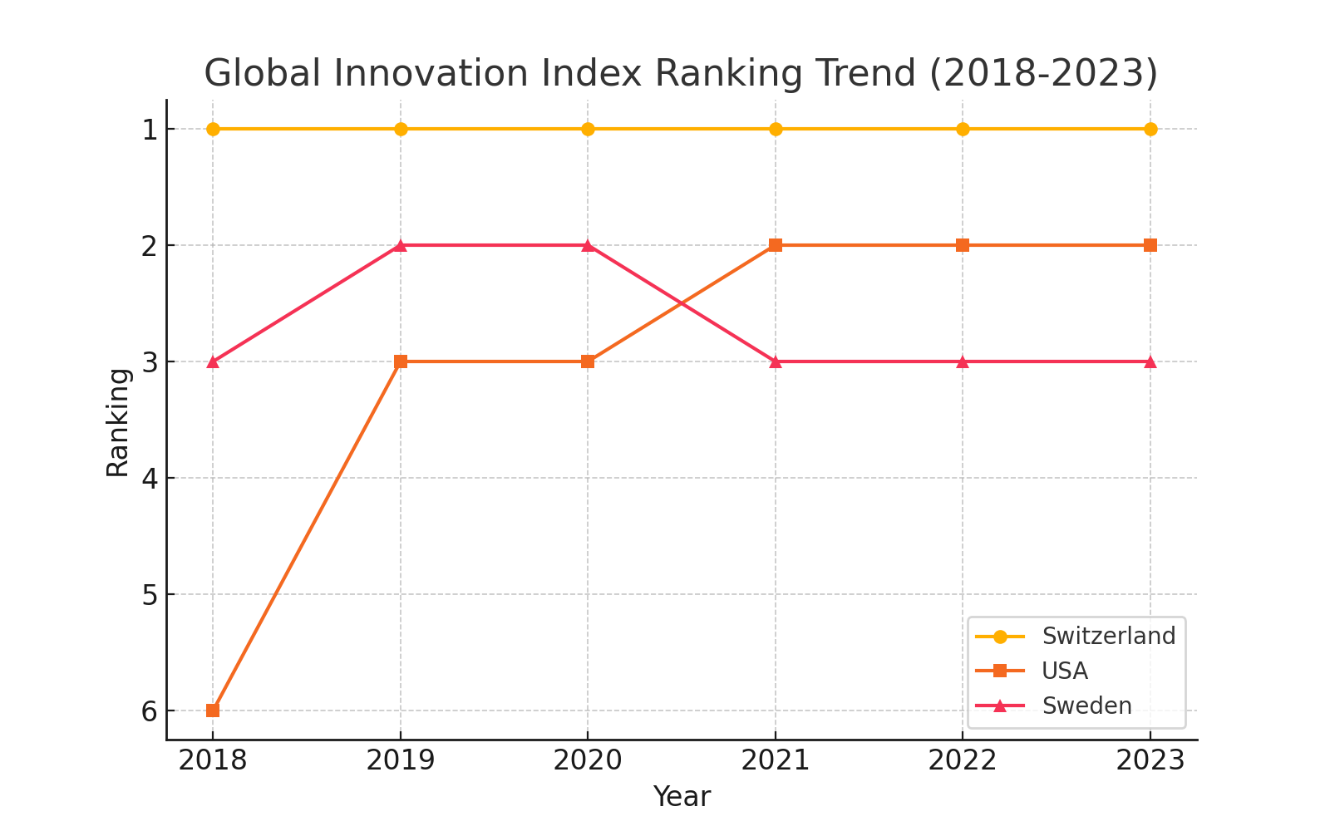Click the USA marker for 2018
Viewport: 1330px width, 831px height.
[213, 711]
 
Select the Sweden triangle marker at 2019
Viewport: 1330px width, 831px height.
[401, 245]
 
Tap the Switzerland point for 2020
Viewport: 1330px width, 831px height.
[588, 129]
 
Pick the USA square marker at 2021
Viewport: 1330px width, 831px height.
[776, 245]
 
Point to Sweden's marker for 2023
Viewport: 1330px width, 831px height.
[1150, 361]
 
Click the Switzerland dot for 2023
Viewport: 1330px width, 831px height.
[1150, 129]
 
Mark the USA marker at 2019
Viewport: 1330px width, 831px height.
[401, 361]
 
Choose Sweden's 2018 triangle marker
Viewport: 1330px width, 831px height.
[213, 361]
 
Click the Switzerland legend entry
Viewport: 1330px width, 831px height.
[1108, 636]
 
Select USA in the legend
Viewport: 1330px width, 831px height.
[1065, 671]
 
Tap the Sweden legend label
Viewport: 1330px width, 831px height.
[1086, 706]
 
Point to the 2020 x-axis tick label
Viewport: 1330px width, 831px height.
[588, 760]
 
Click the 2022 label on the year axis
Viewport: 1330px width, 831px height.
[963, 760]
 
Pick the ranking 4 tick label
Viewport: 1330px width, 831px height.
[150, 478]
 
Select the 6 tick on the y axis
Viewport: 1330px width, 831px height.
[150, 711]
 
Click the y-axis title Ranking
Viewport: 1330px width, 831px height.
[118, 422]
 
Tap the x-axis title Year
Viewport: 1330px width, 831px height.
[682, 797]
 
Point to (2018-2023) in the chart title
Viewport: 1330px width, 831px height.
[1043, 73]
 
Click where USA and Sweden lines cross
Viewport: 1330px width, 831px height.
[682, 303]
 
